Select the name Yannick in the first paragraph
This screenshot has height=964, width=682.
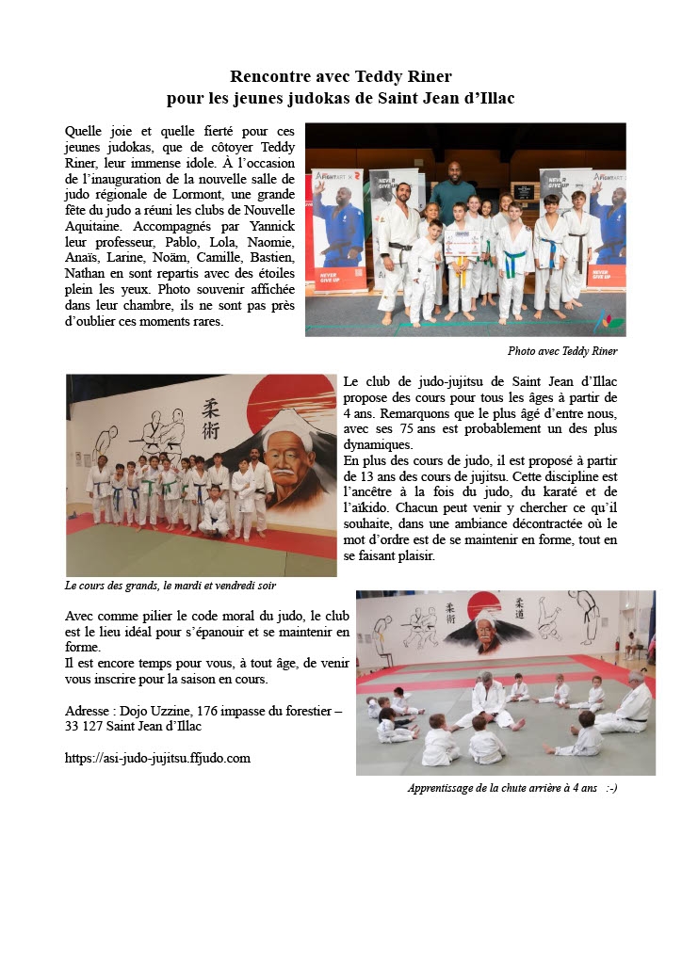click(x=269, y=227)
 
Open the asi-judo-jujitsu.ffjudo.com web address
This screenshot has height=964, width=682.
click(x=157, y=757)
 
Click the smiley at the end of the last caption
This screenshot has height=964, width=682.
click(x=612, y=788)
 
